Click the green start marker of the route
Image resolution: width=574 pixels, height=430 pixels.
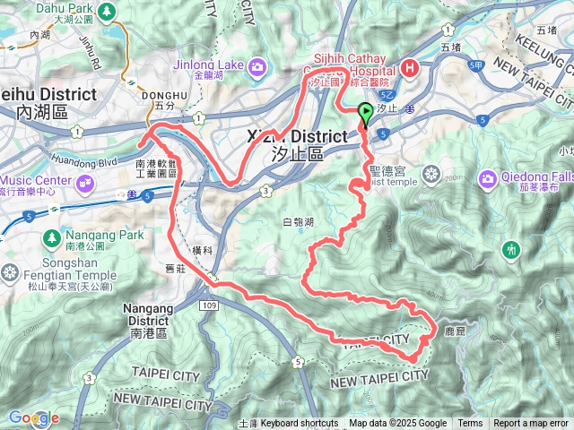(366, 114)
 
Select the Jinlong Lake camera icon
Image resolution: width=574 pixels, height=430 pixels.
(258, 66)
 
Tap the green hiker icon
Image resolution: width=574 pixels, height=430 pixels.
(512, 248)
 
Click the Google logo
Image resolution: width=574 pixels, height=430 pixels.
(33, 417)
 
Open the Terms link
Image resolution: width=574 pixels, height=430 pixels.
(470, 424)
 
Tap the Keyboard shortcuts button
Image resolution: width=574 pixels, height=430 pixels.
(300, 424)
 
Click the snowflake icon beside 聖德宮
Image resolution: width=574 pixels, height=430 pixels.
(431, 173)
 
